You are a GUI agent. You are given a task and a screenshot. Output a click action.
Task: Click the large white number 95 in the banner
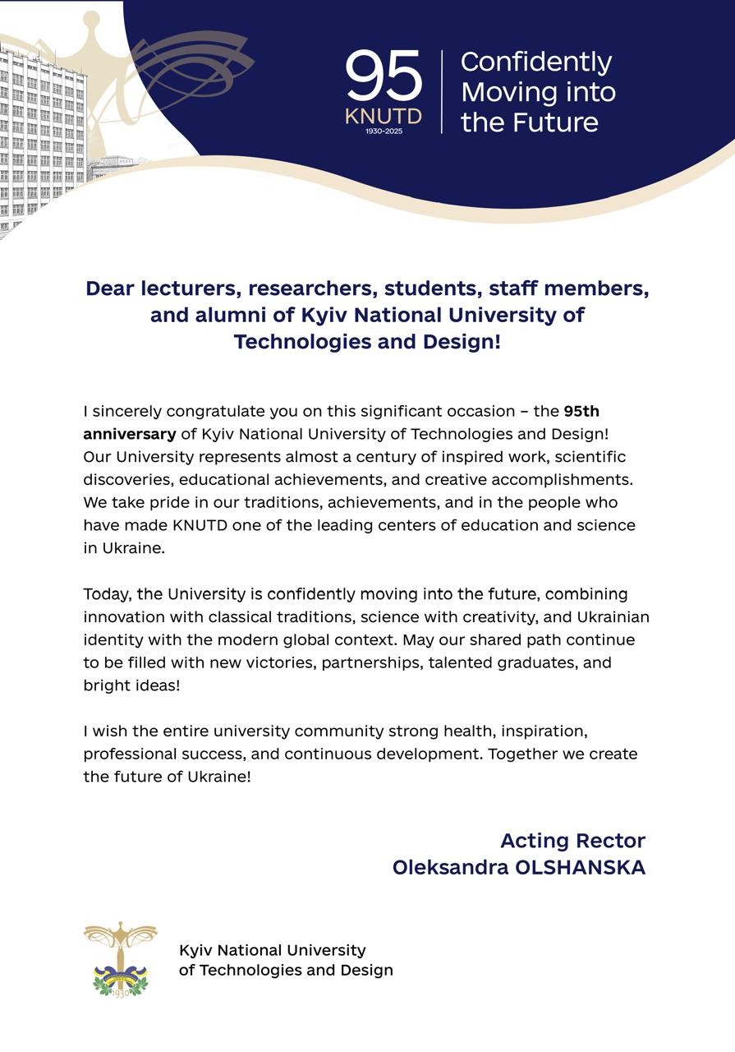384,76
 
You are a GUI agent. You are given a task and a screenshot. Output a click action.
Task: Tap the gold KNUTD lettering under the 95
384,116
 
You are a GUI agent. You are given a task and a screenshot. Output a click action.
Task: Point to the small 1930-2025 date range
384,131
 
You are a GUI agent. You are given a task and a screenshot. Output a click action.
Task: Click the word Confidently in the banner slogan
535,62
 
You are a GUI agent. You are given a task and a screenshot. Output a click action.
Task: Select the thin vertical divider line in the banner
442,91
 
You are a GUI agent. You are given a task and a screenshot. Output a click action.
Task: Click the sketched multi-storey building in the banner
41,140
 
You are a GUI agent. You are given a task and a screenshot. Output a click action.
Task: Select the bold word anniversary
129,433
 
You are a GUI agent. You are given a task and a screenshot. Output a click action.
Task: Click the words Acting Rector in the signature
572,841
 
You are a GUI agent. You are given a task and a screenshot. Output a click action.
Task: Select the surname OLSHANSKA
580,867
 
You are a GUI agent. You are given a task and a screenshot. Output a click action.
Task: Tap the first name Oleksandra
451,867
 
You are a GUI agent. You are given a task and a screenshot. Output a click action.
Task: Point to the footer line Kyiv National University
272,950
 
